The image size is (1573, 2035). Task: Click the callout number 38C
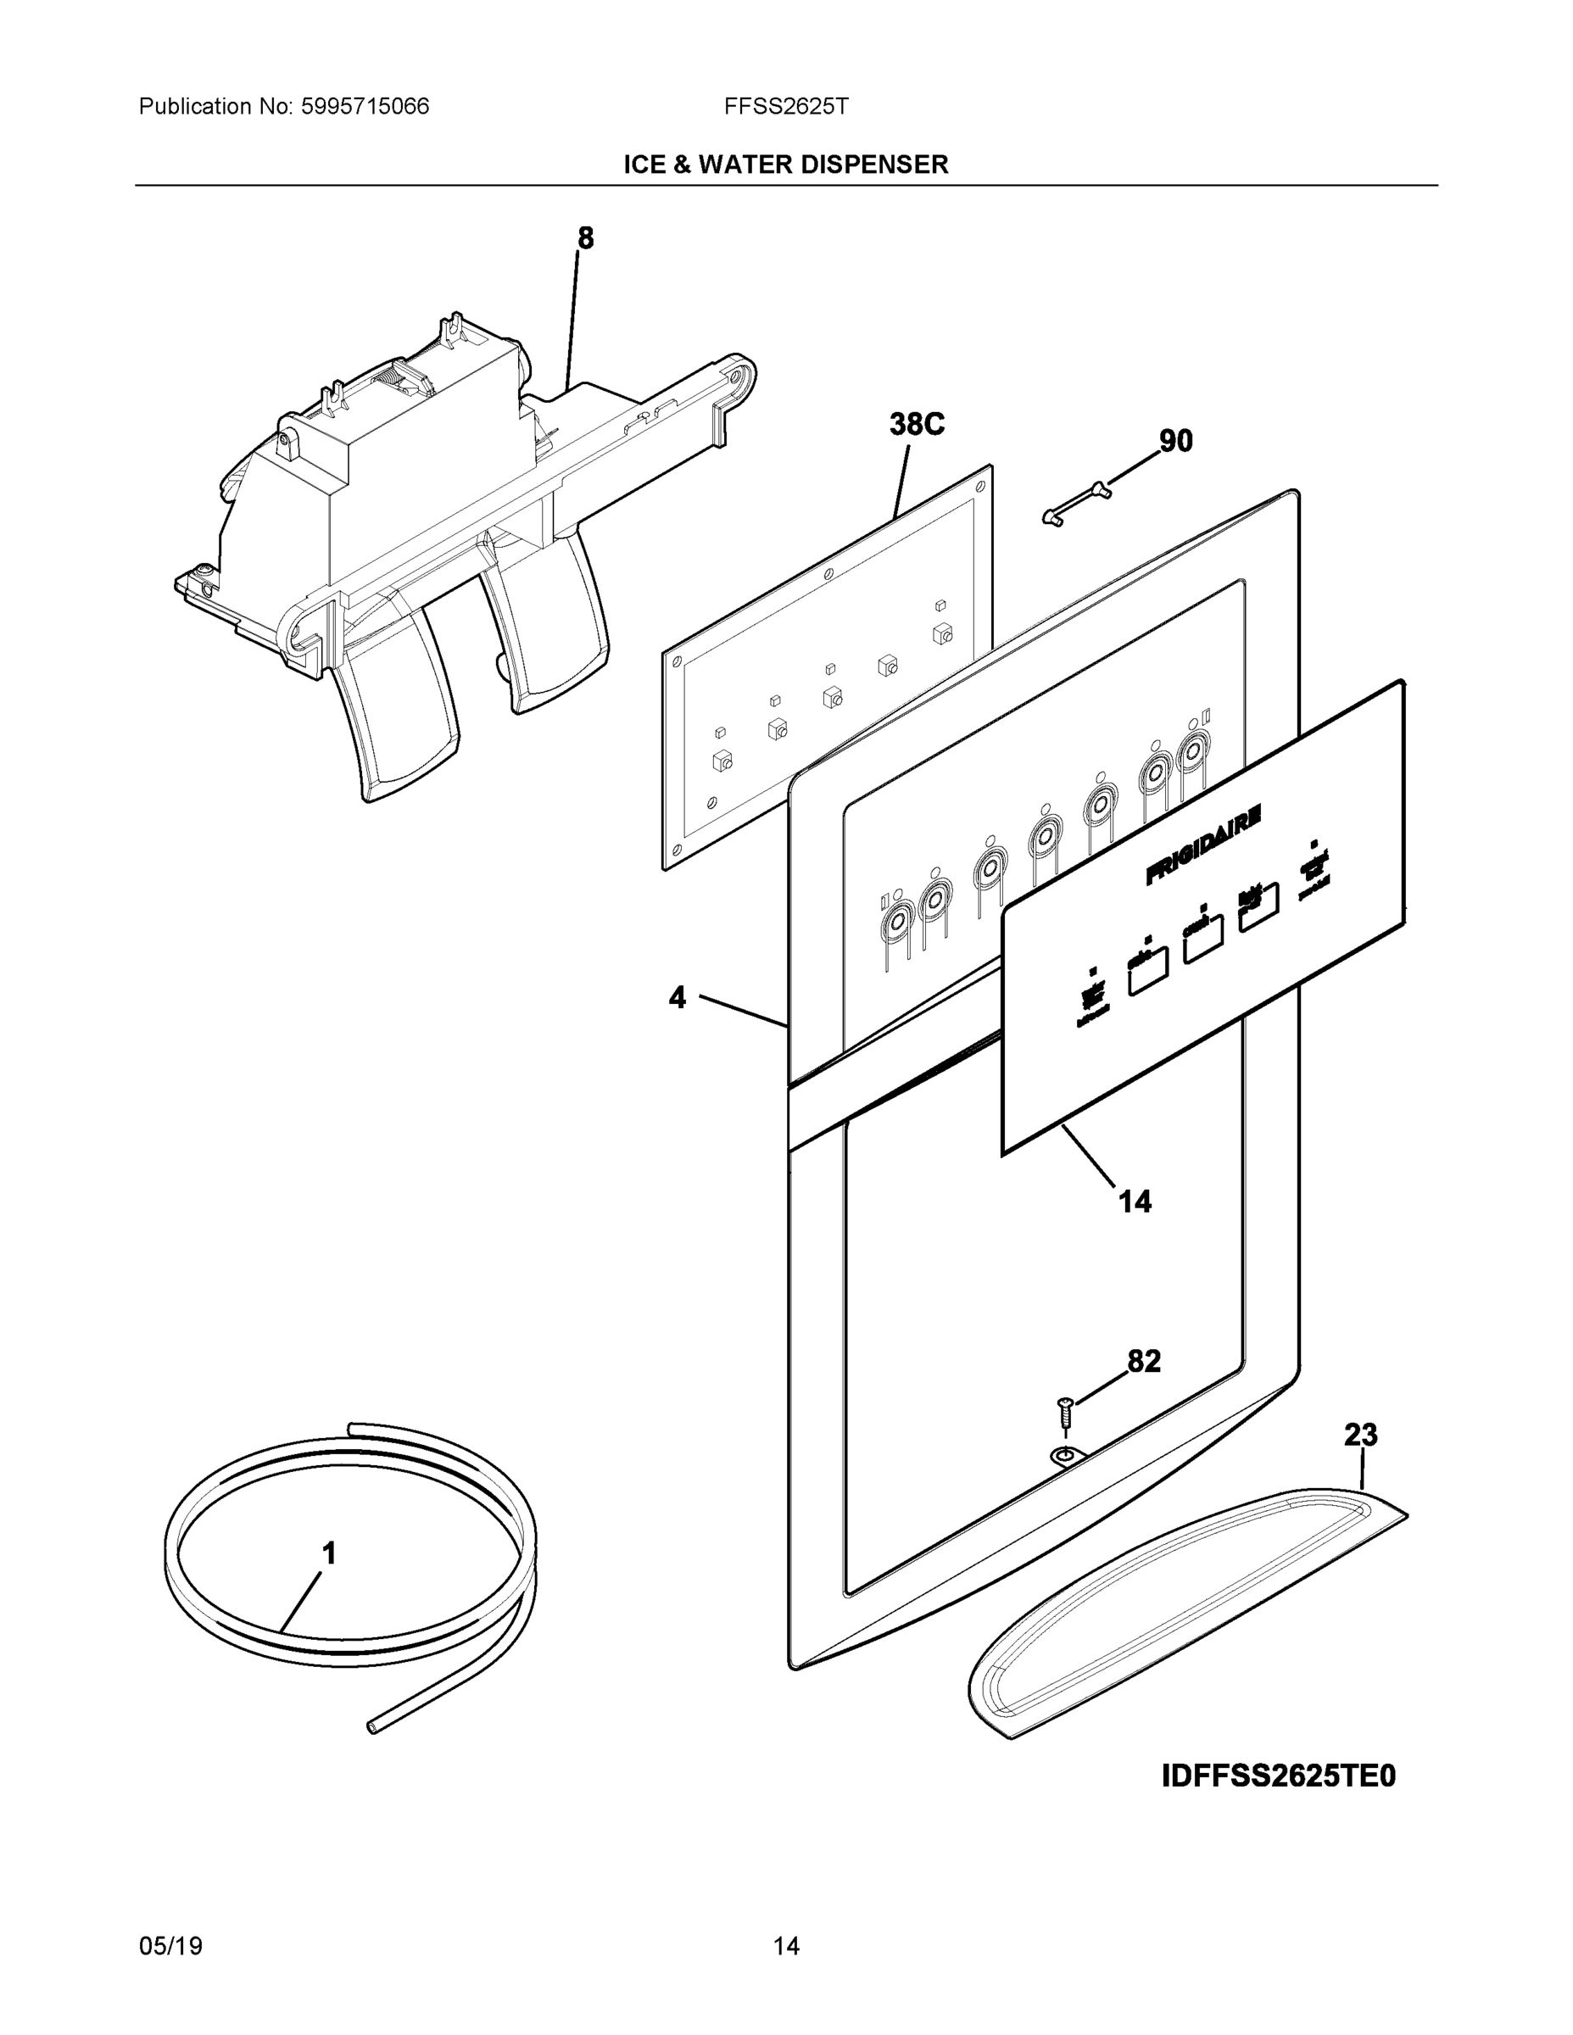click(916, 425)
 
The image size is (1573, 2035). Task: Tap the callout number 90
click(1175, 441)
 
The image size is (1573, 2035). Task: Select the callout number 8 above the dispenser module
click(585, 238)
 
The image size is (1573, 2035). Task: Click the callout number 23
click(1359, 1434)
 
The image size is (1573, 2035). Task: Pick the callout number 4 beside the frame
click(678, 998)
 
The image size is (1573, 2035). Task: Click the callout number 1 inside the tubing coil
click(329, 1553)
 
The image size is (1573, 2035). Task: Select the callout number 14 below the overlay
click(1134, 1202)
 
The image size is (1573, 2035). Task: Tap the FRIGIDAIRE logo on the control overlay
click(1203, 845)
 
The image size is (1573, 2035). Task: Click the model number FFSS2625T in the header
click(785, 106)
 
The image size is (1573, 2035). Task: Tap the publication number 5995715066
click(365, 106)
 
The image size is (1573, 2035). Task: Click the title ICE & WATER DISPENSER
click(785, 165)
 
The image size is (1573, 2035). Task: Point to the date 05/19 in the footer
click(170, 1946)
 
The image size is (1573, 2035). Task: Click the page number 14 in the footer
click(785, 1946)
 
